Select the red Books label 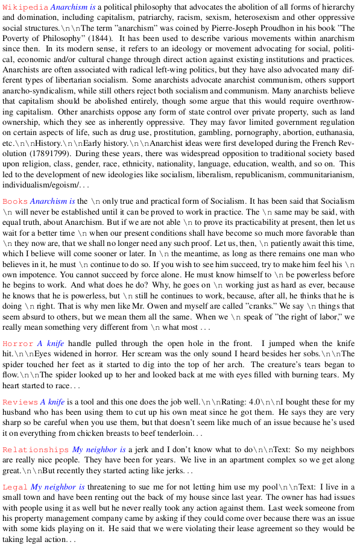tap(14, 201)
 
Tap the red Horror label tap(17, 344)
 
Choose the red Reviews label tap(20, 402)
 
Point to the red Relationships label tap(36, 450)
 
